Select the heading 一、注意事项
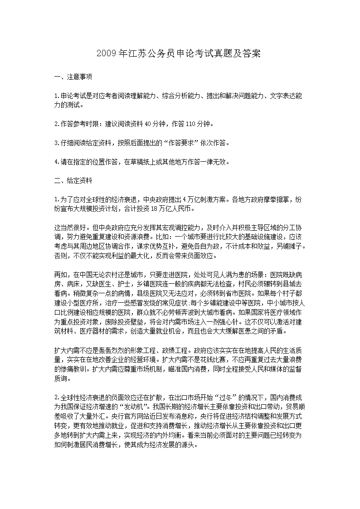[x=73, y=77]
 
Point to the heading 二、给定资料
[x=73, y=181]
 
